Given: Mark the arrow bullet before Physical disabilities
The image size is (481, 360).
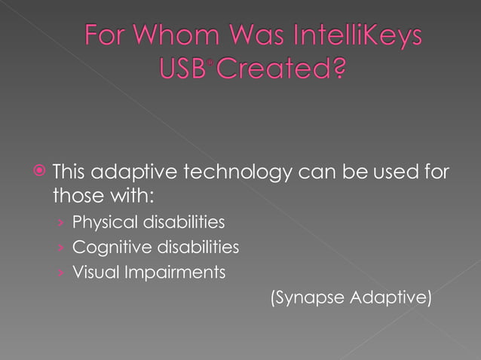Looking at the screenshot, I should [x=60, y=224].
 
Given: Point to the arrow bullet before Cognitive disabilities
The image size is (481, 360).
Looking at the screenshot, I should [x=60, y=248].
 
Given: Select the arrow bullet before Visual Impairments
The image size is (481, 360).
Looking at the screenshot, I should [x=60, y=273].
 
